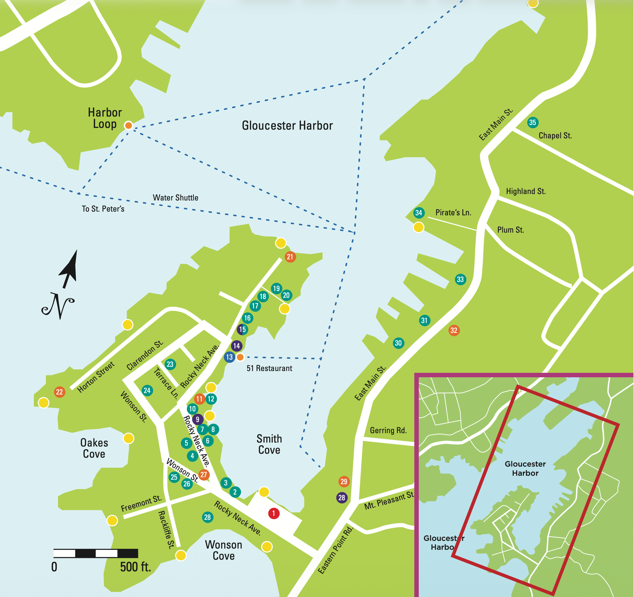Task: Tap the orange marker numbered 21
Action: pos(290,257)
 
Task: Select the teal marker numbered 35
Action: pos(533,122)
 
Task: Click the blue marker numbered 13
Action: pos(229,357)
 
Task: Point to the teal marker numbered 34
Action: pos(419,213)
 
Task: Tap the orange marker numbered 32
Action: pos(454,330)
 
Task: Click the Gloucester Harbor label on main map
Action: pos(287,125)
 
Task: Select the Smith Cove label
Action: pos(269,444)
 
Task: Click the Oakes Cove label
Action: pos(94,448)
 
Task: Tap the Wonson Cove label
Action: pos(224,550)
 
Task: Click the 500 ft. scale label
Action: pos(135,567)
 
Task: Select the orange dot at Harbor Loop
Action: pos(128,125)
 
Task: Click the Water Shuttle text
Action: pos(175,198)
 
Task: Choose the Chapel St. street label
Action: pos(555,135)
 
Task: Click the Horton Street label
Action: pos(96,377)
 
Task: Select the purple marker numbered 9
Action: pos(197,419)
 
